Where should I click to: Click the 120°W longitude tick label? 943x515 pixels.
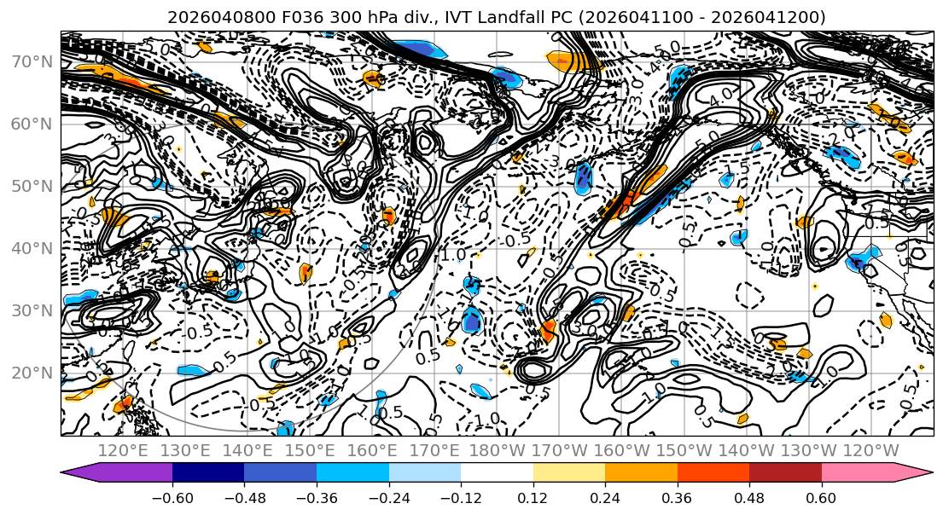871,450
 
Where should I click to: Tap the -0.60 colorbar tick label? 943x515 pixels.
172,496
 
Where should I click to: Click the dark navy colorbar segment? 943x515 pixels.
208,472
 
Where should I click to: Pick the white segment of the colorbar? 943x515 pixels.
497,472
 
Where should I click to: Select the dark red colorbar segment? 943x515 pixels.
785,472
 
